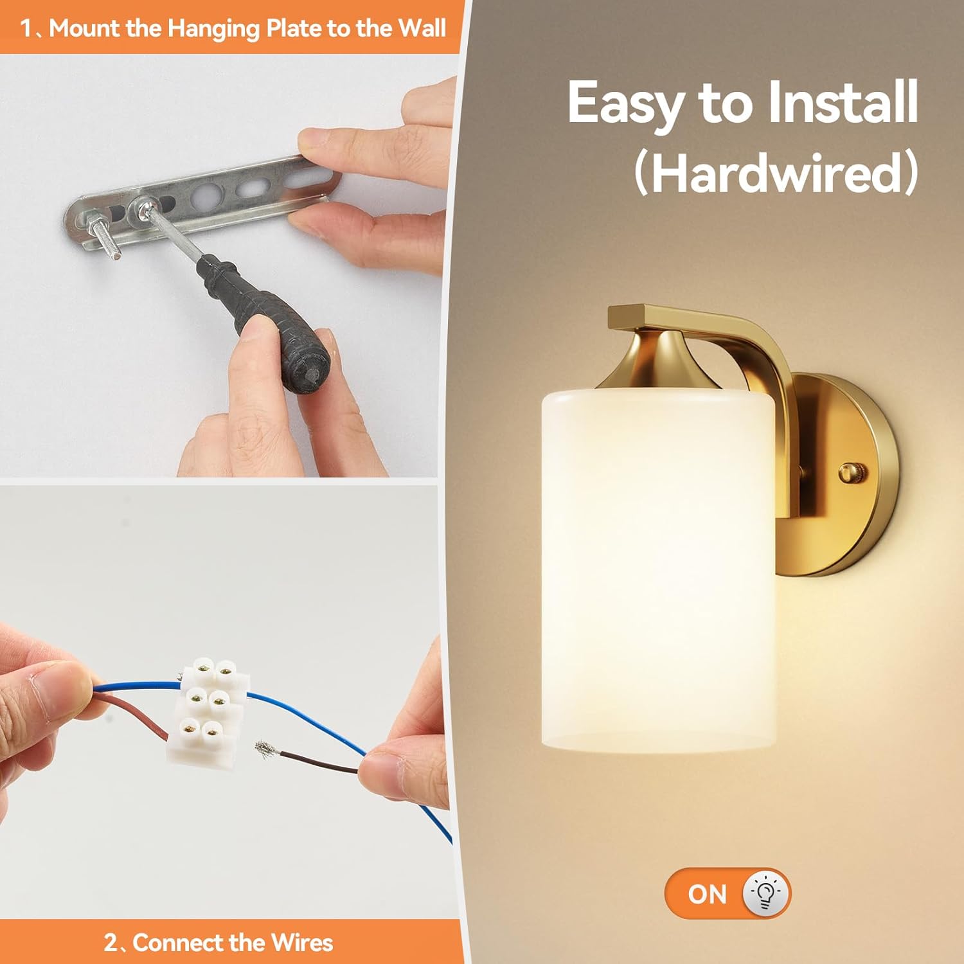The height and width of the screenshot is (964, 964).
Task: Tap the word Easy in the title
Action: pos(625,103)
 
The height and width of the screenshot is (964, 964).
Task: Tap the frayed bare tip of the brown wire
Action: pos(265,748)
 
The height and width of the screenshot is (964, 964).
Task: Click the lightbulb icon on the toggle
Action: pos(765,893)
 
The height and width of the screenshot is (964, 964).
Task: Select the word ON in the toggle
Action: pos(707,894)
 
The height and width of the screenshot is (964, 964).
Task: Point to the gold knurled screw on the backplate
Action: pos(853,473)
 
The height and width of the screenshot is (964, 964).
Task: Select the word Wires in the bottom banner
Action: pos(302,943)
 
